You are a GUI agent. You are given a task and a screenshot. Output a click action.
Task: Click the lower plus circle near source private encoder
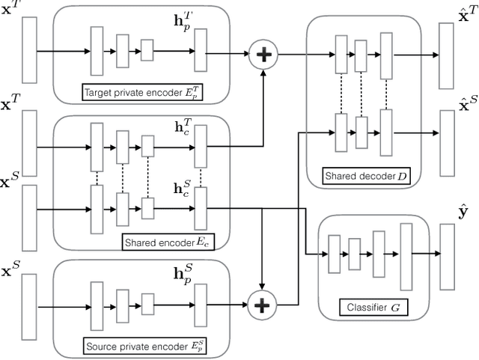coord(263,305)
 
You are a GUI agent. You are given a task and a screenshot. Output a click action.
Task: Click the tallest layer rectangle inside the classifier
coord(406,257)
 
